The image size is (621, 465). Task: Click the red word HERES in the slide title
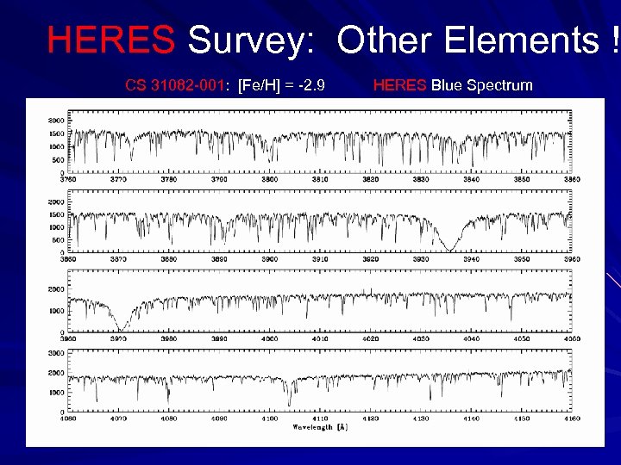coord(110,40)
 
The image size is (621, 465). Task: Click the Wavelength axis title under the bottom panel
coord(319,426)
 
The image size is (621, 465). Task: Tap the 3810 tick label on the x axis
coord(320,180)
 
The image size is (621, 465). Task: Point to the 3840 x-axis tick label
coord(471,180)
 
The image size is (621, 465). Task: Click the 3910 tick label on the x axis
coord(320,259)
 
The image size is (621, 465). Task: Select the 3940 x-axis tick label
coord(471,259)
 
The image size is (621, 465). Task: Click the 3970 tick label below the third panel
coord(118,338)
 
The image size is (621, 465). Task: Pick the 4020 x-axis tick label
coord(370,338)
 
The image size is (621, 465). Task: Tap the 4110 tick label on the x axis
coord(320,418)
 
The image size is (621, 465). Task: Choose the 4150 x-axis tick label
coord(521,418)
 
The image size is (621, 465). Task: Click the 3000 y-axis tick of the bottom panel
coord(55,353)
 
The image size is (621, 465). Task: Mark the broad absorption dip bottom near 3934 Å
coord(449,250)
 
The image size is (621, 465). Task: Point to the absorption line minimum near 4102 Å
coord(289,405)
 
